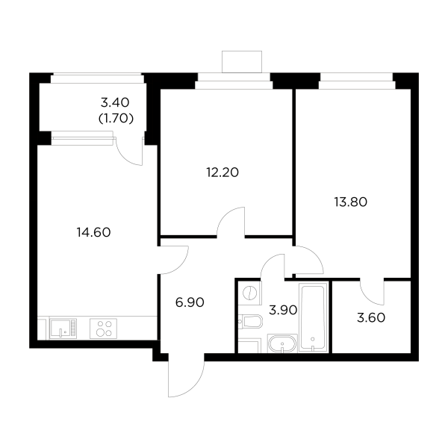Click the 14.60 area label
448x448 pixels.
[x=93, y=231]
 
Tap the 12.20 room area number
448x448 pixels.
[x=222, y=172]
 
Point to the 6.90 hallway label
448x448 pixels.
[x=189, y=302]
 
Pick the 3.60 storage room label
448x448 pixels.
[x=371, y=317]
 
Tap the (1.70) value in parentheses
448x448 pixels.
[x=116, y=118]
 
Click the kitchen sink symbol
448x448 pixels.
[x=61, y=329]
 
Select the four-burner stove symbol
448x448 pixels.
[x=104, y=329]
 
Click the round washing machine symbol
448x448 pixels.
[x=252, y=293]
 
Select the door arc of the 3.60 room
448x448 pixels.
[x=372, y=290]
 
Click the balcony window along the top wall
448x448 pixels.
[x=96, y=75]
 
